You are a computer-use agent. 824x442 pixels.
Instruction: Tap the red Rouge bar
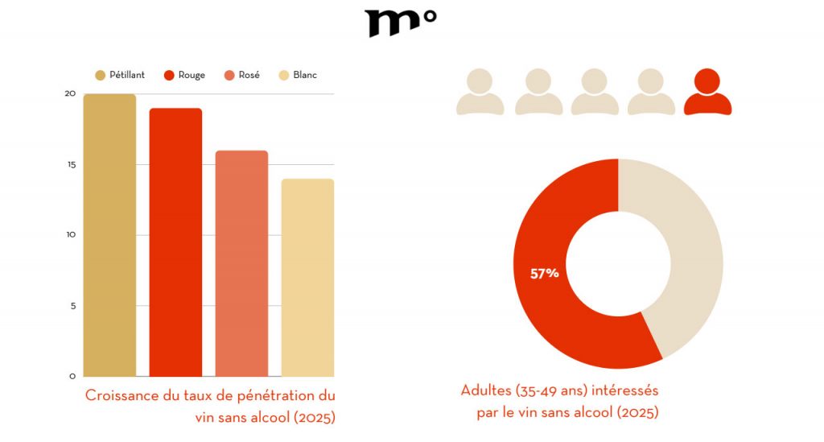coord(175,242)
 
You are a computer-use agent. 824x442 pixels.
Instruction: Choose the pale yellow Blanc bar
coord(307,278)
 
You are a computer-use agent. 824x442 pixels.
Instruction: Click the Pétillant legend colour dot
coord(101,75)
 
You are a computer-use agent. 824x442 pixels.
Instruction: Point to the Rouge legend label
coord(192,75)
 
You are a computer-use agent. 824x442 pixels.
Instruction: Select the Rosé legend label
coord(249,75)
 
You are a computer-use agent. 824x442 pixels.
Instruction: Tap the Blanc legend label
coord(305,75)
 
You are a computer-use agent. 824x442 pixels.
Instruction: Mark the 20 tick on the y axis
coord(70,93)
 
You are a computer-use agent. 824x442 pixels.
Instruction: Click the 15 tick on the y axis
coord(70,164)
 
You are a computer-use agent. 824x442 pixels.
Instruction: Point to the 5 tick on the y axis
coord(72,306)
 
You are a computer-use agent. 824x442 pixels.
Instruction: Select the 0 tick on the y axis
coord(72,376)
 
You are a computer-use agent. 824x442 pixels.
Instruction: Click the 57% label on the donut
coord(544,274)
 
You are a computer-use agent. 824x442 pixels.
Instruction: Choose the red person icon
coord(707,92)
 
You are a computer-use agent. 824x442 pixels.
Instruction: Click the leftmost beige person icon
coord(480,92)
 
